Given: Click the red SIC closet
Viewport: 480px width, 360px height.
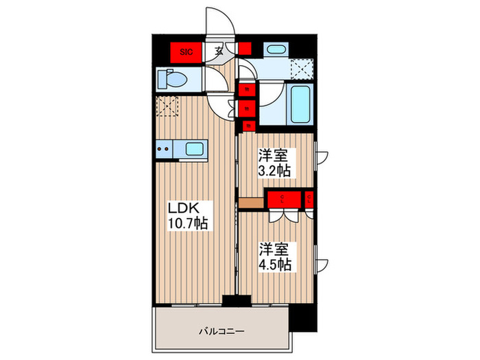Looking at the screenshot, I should pyautogui.click(x=185, y=51).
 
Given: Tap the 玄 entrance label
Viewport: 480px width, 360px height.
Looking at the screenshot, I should pyautogui.click(x=217, y=50).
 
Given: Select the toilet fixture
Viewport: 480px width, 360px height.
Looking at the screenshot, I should pyautogui.click(x=171, y=79).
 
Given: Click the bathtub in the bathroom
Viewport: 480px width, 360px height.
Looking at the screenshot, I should pyautogui.click(x=300, y=105).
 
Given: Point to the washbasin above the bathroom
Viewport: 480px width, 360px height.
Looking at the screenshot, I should pyautogui.click(x=276, y=49).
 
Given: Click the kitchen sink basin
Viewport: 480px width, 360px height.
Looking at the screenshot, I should pyautogui.click(x=194, y=148).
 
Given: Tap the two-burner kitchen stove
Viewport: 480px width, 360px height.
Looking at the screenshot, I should pyautogui.click(x=165, y=147).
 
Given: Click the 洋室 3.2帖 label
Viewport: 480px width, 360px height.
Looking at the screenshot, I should pyautogui.click(x=276, y=163).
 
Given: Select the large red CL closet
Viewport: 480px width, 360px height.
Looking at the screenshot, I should pyautogui.click(x=283, y=200).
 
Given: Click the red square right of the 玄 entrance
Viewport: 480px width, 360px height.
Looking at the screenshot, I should pyautogui.click(x=245, y=49).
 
